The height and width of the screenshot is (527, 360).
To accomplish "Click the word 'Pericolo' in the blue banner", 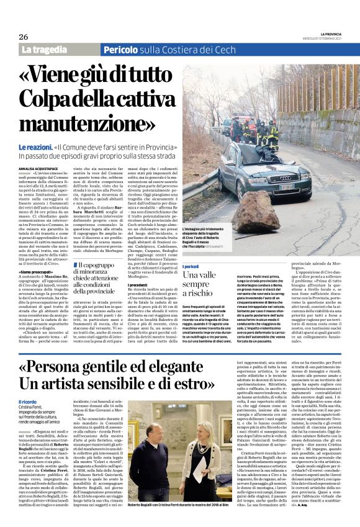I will pos(124,50).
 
